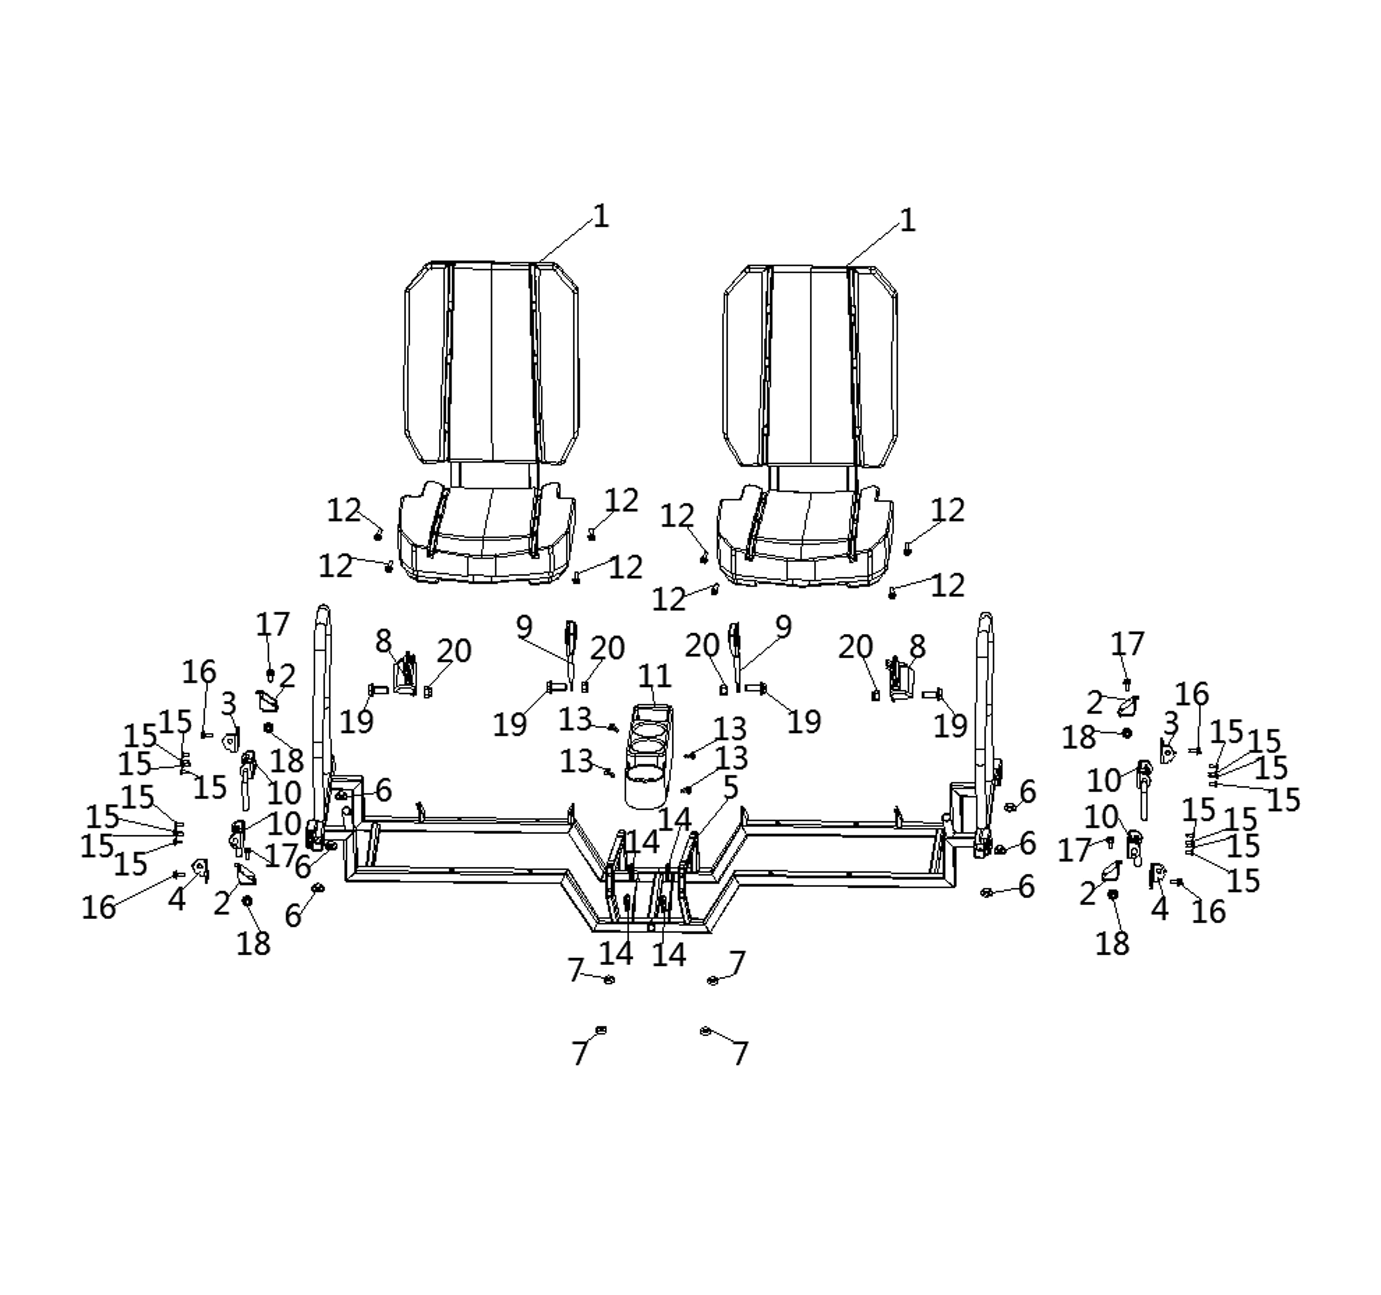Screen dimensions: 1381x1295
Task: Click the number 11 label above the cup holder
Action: coord(654,676)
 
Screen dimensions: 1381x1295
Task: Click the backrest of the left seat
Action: coord(491,361)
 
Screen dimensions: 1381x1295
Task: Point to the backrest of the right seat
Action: coord(810,365)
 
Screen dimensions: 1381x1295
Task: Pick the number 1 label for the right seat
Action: coord(907,221)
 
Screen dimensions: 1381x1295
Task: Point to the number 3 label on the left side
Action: coord(228,704)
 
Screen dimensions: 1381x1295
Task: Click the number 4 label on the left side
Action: coord(177,900)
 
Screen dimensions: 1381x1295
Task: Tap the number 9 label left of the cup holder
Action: coord(524,627)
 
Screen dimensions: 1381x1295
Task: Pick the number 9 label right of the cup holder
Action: coord(783,627)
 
